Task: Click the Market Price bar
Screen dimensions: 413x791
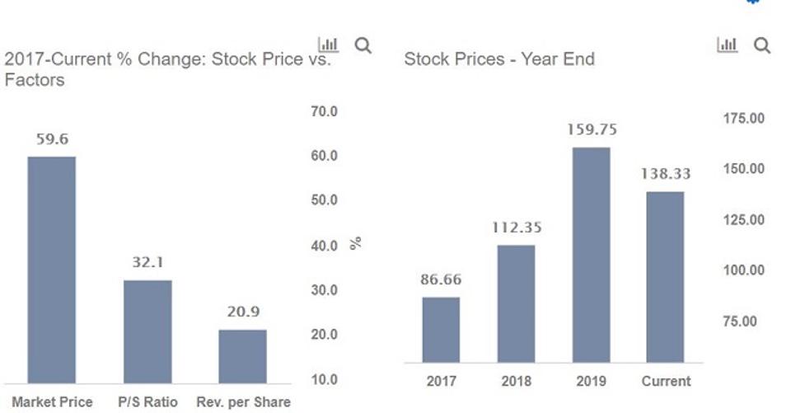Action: click(x=51, y=270)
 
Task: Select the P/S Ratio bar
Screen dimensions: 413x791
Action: click(x=147, y=331)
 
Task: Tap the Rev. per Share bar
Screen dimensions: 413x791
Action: click(x=242, y=356)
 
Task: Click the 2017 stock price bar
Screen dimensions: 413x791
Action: click(x=441, y=330)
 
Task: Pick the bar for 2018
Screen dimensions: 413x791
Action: click(x=516, y=303)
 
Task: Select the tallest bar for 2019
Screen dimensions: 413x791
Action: click(x=591, y=255)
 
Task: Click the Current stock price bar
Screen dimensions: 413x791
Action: click(x=665, y=277)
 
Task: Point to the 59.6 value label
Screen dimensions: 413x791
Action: click(x=51, y=139)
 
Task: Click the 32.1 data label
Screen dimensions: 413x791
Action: click(x=147, y=263)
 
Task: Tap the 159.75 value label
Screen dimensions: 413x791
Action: click(x=592, y=129)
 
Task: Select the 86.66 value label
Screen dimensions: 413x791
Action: click(x=441, y=279)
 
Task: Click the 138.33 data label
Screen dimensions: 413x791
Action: click(x=665, y=174)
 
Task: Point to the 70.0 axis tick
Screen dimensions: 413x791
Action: click(x=324, y=111)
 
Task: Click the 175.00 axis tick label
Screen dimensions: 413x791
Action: click(x=743, y=119)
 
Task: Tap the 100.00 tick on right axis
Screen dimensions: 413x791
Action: click(x=743, y=270)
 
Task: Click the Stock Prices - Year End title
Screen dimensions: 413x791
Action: click(x=498, y=59)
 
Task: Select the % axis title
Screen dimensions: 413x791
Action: click(x=356, y=243)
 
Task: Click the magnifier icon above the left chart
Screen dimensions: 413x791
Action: click(x=363, y=45)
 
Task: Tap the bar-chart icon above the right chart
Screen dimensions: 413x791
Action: click(x=727, y=45)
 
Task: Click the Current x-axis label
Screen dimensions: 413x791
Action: click(x=666, y=381)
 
